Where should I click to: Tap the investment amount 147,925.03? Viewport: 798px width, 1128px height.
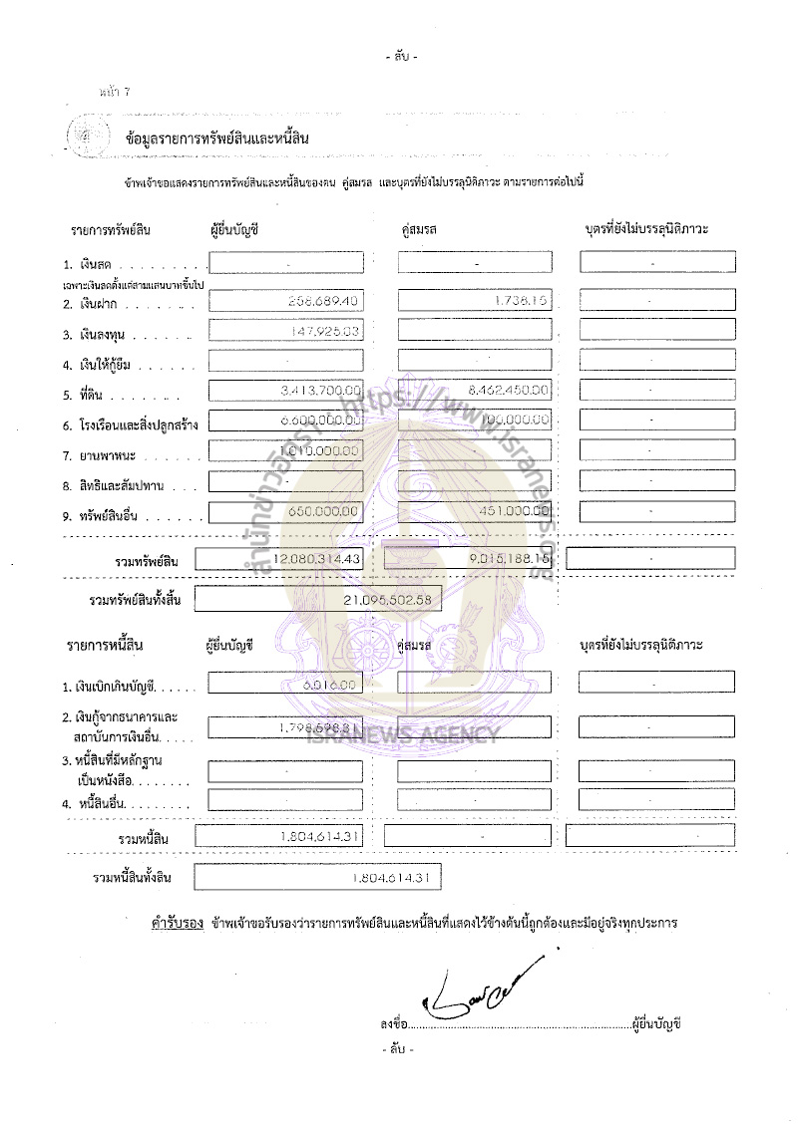click(315, 331)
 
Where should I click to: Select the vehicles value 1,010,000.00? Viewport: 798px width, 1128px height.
click(317, 451)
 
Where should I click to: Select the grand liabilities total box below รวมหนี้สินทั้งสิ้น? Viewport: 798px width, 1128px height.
click(317, 878)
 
